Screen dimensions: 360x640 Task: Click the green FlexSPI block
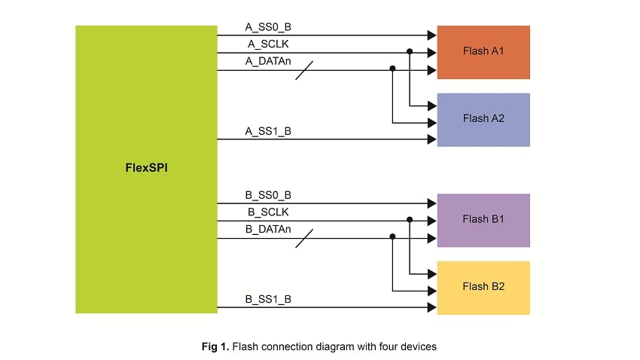click(x=146, y=169)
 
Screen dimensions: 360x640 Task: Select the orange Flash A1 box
click(x=483, y=52)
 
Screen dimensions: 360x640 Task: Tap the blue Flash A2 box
click(x=483, y=119)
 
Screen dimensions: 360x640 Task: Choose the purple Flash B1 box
click(x=483, y=220)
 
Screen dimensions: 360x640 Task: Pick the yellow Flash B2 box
click(x=483, y=287)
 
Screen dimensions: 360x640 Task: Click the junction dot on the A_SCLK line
click(x=410, y=53)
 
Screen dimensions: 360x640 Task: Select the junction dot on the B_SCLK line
click(x=410, y=221)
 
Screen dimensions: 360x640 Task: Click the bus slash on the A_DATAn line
click(x=303, y=71)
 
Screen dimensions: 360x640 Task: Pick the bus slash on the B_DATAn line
click(x=303, y=239)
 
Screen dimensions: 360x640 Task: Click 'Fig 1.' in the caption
click(x=215, y=347)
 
